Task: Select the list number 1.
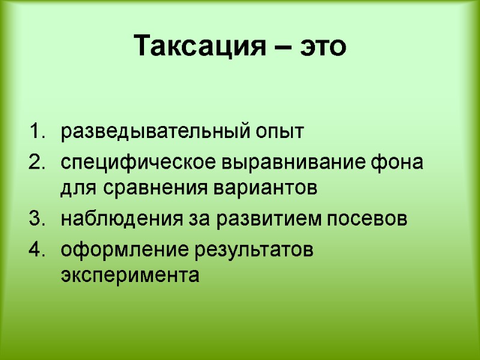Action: tap(37, 131)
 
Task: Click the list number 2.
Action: tap(37, 162)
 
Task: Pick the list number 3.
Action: tap(37, 219)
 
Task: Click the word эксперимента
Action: tap(128, 275)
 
